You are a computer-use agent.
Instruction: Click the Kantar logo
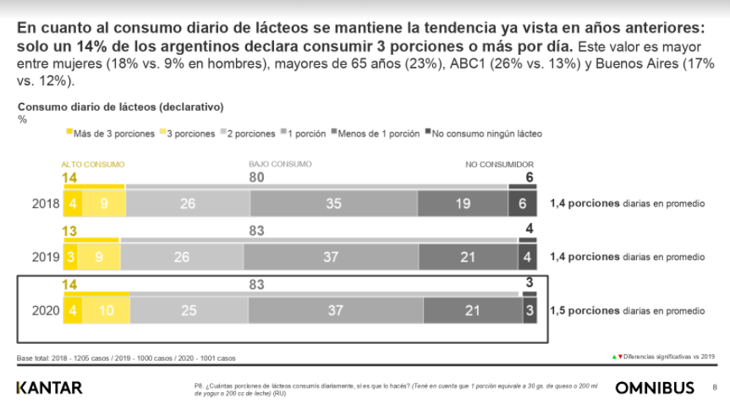50,388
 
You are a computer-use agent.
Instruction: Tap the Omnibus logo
655,388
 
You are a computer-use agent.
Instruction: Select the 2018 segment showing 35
333,204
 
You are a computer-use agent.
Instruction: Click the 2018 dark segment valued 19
463,204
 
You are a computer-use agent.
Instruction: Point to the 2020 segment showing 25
188,311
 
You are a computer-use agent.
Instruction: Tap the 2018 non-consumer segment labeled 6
521,204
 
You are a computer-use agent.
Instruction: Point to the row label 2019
46,258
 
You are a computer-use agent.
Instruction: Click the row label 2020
46,311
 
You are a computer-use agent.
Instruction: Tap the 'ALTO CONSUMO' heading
93,164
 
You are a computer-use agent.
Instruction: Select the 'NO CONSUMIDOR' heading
499,164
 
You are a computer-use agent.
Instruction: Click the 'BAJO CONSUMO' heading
280,164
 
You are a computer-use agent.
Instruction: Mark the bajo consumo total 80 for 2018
257,177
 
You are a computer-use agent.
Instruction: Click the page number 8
715,388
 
